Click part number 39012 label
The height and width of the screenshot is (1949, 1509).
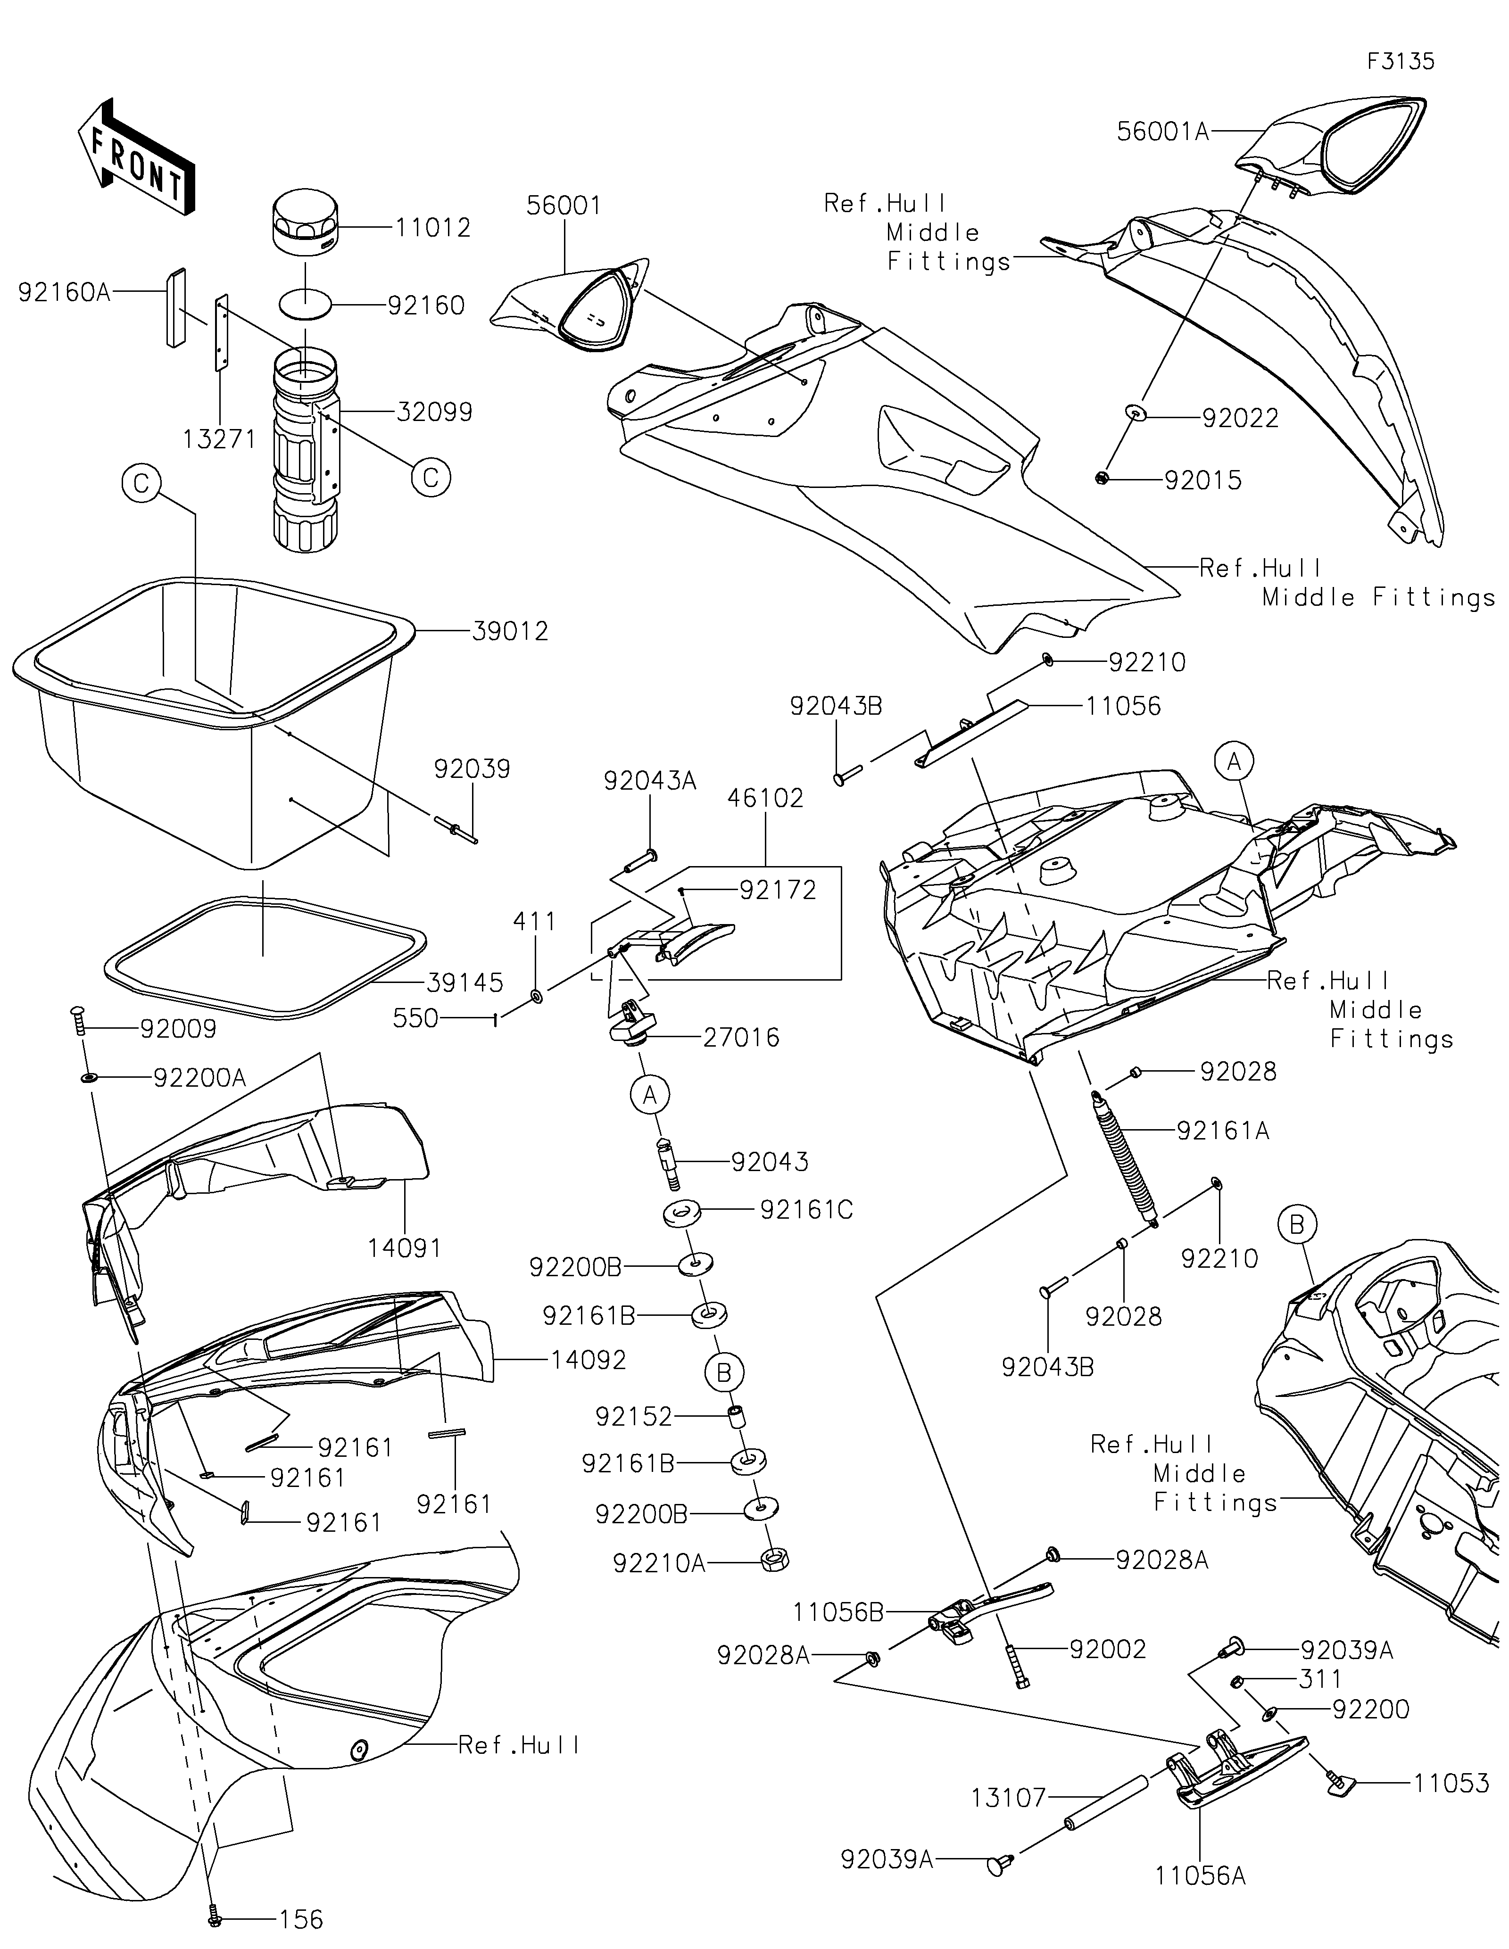510,632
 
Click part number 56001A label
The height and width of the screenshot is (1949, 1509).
1163,132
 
